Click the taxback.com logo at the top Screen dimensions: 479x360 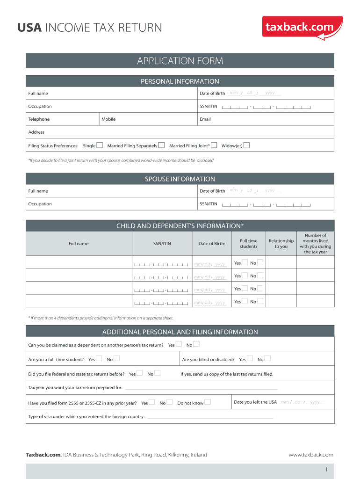[303, 27]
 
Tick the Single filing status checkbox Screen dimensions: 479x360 [99, 145]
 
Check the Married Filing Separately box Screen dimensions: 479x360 [161, 145]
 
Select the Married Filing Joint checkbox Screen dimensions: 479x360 [214, 145]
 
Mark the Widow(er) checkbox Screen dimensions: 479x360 [246, 145]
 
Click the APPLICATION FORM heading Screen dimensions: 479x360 [180, 61]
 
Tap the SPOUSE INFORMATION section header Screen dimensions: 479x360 [180, 179]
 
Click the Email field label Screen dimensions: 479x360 [205, 119]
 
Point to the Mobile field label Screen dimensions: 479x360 [108, 119]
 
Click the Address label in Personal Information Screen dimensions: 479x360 [36, 132]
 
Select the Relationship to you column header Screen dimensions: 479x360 [281, 244]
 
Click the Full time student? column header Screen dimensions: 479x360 [248, 244]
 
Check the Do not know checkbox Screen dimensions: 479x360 [208, 402]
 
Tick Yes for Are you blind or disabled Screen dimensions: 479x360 [250, 359]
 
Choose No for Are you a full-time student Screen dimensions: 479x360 [116, 359]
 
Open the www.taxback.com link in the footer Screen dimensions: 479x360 [310, 455]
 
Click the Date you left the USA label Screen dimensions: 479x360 [255, 402]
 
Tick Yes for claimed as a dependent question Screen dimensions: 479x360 [179, 344]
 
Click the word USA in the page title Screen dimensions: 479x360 [30, 28]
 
